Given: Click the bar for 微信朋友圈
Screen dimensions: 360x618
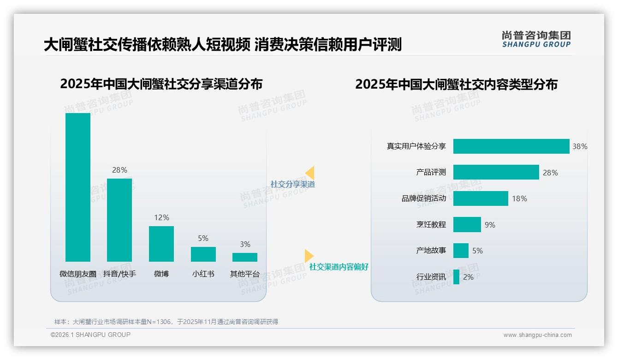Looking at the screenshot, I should (78, 187).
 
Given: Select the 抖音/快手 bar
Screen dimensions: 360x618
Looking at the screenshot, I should (119, 220).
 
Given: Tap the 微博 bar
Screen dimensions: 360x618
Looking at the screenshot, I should (161, 244).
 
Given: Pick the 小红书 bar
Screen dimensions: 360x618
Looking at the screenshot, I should (203, 254).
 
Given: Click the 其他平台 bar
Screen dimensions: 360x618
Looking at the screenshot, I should (245, 257).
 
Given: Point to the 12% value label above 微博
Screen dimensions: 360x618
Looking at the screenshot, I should (162, 217).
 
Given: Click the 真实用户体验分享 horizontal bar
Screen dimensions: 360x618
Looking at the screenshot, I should (511, 146).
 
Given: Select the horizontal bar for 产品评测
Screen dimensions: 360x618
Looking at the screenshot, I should (496, 172).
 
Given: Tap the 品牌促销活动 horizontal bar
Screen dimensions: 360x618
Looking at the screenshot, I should (481, 198).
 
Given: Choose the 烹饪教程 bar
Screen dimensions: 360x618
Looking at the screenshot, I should (467, 225).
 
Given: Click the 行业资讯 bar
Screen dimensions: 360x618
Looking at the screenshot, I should (456, 277).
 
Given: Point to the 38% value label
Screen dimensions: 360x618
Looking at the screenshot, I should (580, 146).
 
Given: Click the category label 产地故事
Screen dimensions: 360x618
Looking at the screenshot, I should (431, 251).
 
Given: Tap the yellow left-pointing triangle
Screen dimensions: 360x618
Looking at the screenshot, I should (310, 173).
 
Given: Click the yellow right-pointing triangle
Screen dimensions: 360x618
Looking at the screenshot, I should (309, 256).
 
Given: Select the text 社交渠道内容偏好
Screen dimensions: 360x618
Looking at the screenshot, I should (339, 267).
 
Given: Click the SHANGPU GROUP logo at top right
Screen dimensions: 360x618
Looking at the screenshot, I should (536, 39).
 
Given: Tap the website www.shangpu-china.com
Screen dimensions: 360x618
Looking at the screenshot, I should (537, 335).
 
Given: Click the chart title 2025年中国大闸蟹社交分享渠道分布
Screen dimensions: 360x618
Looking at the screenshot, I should (161, 84).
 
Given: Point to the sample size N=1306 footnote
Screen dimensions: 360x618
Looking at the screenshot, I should (166, 322).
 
